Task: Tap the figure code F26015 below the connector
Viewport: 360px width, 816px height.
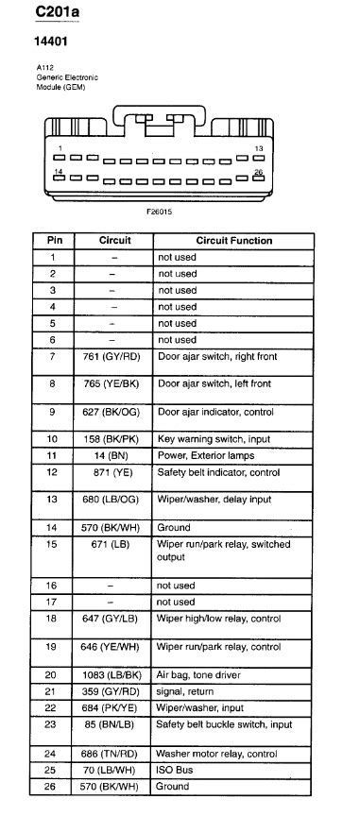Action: tap(159, 212)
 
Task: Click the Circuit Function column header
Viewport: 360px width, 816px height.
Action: tap(233, 241)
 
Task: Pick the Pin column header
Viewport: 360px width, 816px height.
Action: tap(54, 241)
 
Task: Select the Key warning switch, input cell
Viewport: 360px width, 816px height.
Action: tap(214, 439)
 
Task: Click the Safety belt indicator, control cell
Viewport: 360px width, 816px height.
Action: tap(219, 471)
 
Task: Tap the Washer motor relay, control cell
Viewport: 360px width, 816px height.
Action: tap(217, 754)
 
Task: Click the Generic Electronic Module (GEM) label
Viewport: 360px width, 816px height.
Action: tap(67, 79)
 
